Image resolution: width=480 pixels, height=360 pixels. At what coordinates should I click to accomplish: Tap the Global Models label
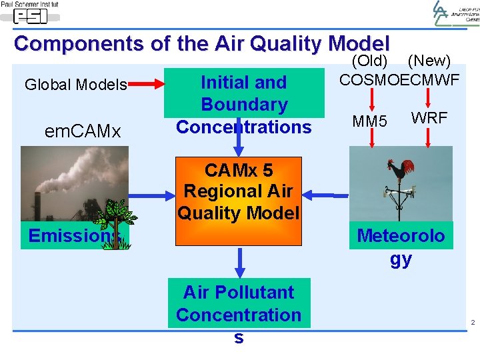[75, 85]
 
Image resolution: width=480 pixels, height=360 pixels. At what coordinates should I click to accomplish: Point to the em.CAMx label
[83, 131]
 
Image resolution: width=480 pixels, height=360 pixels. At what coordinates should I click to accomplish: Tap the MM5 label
[369, 121]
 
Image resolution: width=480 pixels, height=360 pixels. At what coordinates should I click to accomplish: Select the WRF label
[429, 118]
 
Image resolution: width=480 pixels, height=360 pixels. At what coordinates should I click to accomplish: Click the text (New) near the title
[429, 61]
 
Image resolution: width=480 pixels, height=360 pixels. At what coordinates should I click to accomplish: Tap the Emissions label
[73, 236]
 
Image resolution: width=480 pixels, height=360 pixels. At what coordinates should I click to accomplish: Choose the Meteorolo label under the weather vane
[401, 235]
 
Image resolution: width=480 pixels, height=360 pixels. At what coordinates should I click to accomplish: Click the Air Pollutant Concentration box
[239, 303]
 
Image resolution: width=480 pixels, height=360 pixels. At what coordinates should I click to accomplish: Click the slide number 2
[472, 323]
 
